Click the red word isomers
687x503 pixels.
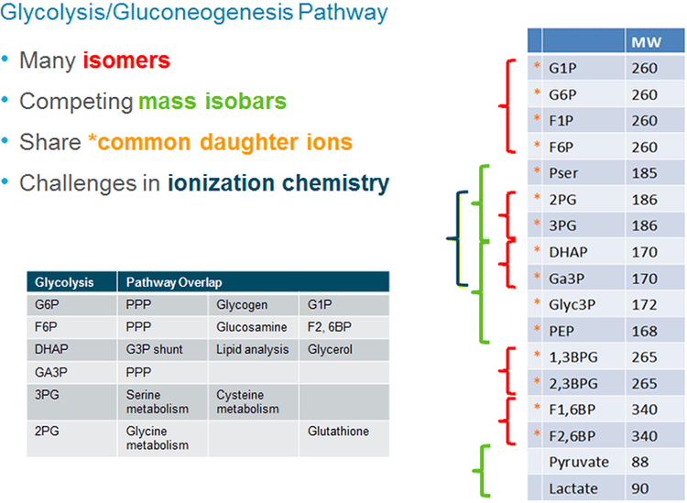[126, 61]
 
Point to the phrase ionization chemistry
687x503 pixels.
[278, 182]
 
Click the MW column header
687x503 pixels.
[649, 41]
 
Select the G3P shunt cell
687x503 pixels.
[152, 349]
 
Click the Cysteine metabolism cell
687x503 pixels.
[246, 401]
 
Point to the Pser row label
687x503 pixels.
[562, 172]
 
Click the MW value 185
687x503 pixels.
[644, 172]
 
